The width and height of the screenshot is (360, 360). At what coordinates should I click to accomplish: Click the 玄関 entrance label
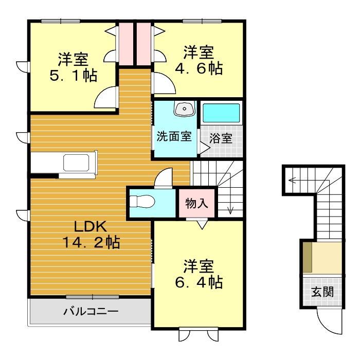(x=322, y=292)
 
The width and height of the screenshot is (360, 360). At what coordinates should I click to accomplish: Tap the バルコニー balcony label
(x=91, y=311)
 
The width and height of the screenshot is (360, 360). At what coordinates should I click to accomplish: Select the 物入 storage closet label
(x=196, y=203)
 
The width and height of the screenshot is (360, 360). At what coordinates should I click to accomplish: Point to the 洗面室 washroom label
(x=174, y=137)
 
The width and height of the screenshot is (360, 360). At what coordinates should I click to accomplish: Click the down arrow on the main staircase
(x=230, y=208)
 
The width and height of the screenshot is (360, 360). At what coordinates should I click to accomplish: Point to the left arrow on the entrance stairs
(x=292, y=180)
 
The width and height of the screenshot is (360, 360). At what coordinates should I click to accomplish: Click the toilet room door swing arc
(x=164, y=178)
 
